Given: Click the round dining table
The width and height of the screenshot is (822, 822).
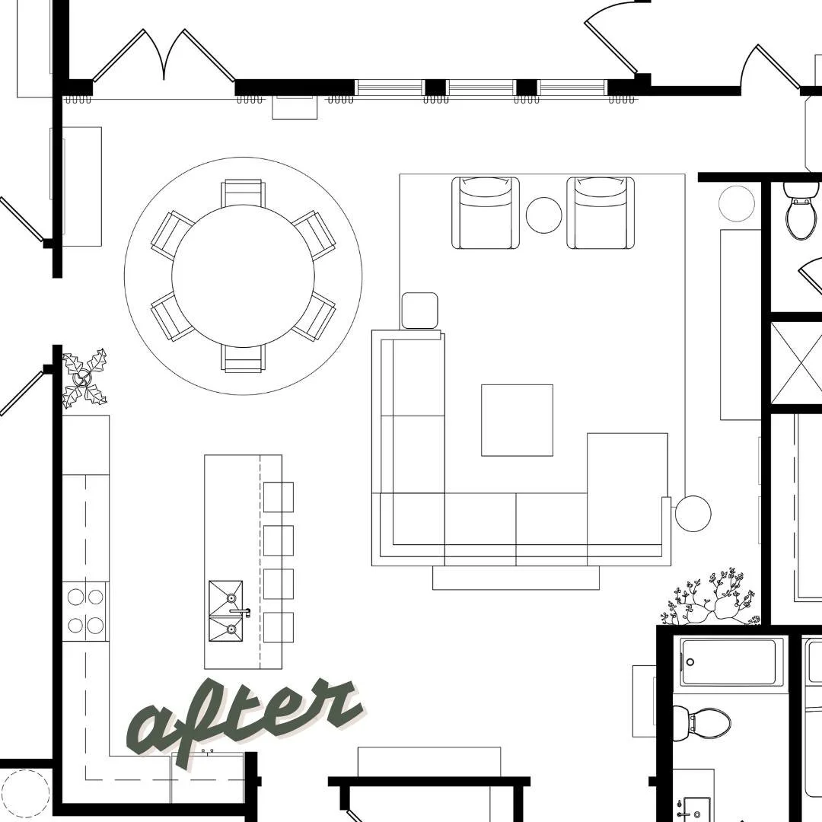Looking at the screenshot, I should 243,276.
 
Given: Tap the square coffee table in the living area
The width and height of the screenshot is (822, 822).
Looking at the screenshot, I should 517,420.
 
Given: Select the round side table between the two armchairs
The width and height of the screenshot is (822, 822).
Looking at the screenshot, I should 544,215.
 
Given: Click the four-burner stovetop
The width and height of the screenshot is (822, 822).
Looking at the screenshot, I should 85,611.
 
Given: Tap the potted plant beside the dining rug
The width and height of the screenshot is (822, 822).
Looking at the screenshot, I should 84,378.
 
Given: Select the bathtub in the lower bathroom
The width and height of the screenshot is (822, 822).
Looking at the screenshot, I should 730,662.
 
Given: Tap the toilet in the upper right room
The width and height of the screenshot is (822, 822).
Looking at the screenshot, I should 801,216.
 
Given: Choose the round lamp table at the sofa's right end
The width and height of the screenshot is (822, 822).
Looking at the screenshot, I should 693,514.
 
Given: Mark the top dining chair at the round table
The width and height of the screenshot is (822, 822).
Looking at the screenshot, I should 243,193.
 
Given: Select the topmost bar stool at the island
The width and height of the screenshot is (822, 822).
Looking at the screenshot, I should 279,497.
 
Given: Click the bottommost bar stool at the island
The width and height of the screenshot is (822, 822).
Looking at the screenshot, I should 279,626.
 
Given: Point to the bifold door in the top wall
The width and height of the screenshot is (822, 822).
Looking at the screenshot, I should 163,57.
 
